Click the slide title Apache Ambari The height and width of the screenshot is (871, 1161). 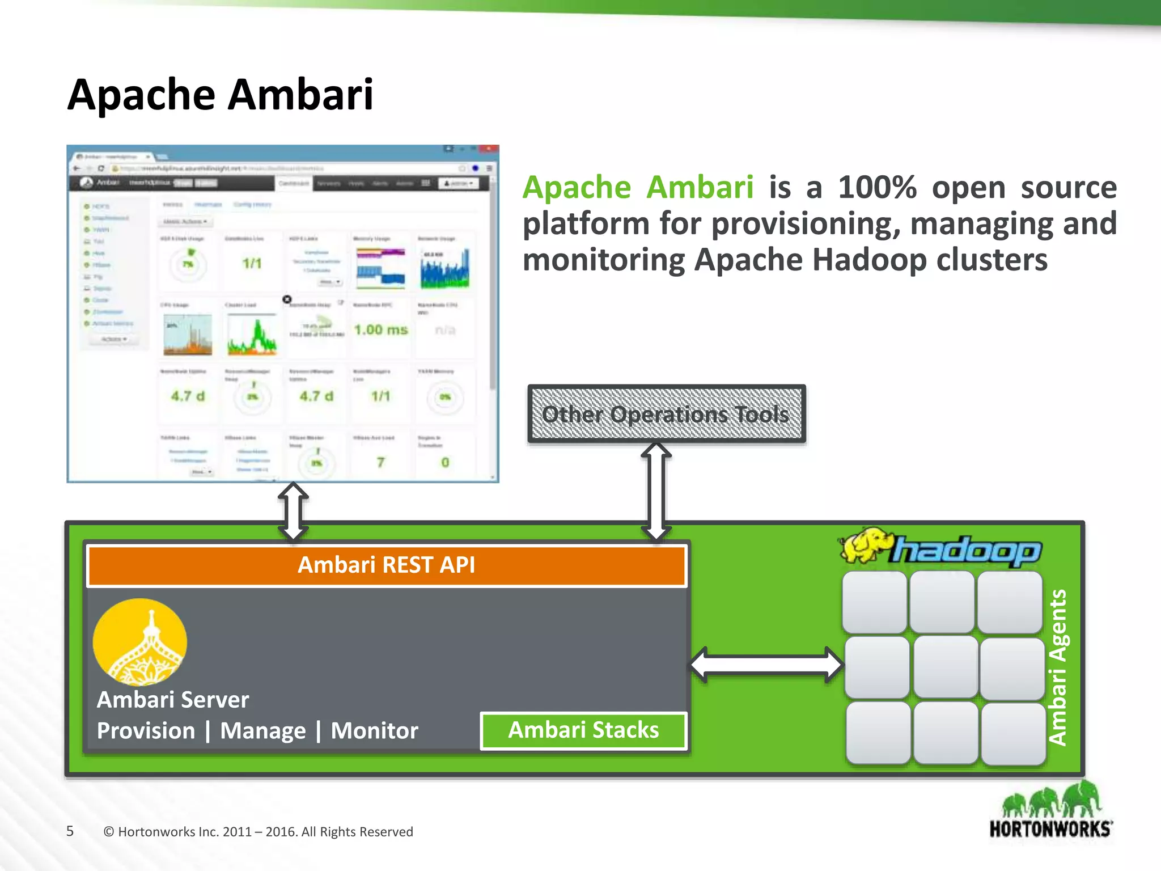click(220, 95)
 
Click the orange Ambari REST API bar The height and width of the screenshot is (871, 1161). click(387, 565)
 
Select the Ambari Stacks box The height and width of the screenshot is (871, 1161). click(583, 730)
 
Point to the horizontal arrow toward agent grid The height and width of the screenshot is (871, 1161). click(766, 665)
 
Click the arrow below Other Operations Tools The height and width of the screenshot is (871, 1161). click(656, 491)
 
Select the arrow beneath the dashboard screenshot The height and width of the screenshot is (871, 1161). click(293, 510)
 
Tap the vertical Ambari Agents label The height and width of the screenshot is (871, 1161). click(1058, 667)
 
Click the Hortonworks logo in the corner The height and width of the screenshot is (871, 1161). click(1050, 811)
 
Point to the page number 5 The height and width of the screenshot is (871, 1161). click(70, 831)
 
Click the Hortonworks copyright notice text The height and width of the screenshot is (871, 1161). click(258, 832)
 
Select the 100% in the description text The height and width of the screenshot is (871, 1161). click(876, 188)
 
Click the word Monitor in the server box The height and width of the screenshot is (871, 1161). click(374, 731)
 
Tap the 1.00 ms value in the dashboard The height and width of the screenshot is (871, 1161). click(381, 329)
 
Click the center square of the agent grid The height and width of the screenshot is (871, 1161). click(945, 667)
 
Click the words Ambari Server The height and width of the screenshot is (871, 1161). click(173, 700)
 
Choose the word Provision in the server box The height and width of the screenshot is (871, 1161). click(146, 731)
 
